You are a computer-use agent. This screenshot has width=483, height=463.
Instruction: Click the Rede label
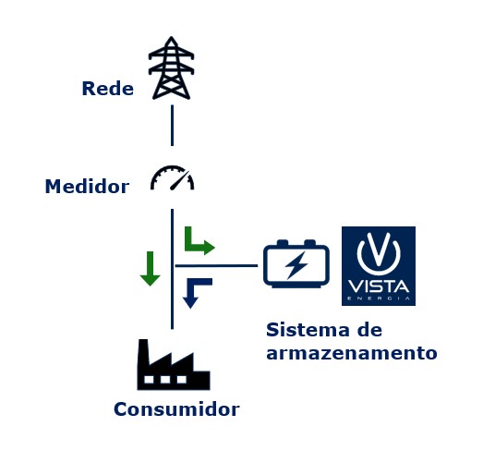pyautogui.click(x=108, y=89)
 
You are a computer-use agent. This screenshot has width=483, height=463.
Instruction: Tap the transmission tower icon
pyautogui.click(x=171, y=67)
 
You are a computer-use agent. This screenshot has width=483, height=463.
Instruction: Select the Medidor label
pyautogui.click(x=87, y=187)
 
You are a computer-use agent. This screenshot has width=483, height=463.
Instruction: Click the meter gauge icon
pyautogui.click(x=172, y=178)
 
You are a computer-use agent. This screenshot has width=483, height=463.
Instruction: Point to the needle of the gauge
pyautogui.click(x=179, y=180)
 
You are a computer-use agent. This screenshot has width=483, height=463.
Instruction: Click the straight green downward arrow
pyautogui.click(x=150, y=269)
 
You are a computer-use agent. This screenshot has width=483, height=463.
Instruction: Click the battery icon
pyautogui.click(x=296, y=263)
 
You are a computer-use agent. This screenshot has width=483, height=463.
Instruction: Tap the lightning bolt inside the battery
pyautogui.click(x=296, y=265)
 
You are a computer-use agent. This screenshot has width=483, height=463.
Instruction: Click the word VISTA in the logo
pyautogui.click(x=379, y=286)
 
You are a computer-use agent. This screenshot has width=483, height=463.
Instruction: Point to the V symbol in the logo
pyautogui.click(x=379, y=253)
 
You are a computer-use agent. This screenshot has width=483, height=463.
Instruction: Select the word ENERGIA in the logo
pyautogui.click(x=379, y=299)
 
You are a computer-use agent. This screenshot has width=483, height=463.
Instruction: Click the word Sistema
pyautogui.click(x=308, y=330)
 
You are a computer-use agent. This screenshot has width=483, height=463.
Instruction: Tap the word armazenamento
pyautogui.click(x=352, y=353)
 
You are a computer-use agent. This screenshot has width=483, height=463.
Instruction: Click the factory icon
pyautogui.click(x=174, y=365)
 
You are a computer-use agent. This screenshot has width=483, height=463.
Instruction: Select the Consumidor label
pyautogui.click(x=176, y=409)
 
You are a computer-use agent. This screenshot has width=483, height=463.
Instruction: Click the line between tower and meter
pyautogui.click(x=172, y=126)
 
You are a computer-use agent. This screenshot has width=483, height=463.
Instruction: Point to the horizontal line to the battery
pyautogui.click(x=216, y=265)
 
